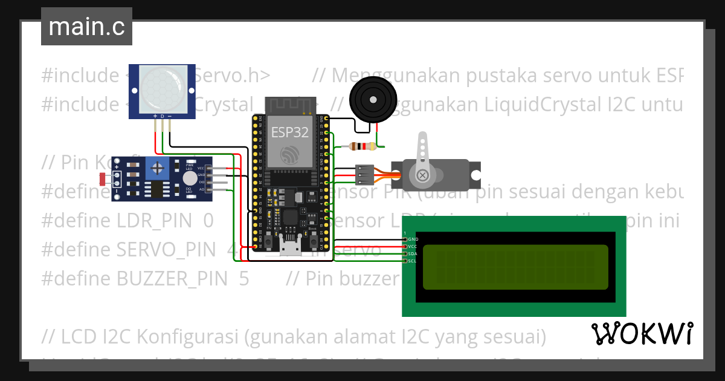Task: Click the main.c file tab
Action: tap(86, 27)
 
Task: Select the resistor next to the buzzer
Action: tap(362, 146)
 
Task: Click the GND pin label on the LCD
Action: tap(413, 239)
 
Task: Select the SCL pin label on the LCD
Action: tap(412, 261)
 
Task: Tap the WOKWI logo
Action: tap(642, 334)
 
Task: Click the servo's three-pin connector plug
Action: tap(365, 174)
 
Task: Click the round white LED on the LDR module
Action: tap(190, 178)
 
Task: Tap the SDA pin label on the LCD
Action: tap(412, 254)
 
